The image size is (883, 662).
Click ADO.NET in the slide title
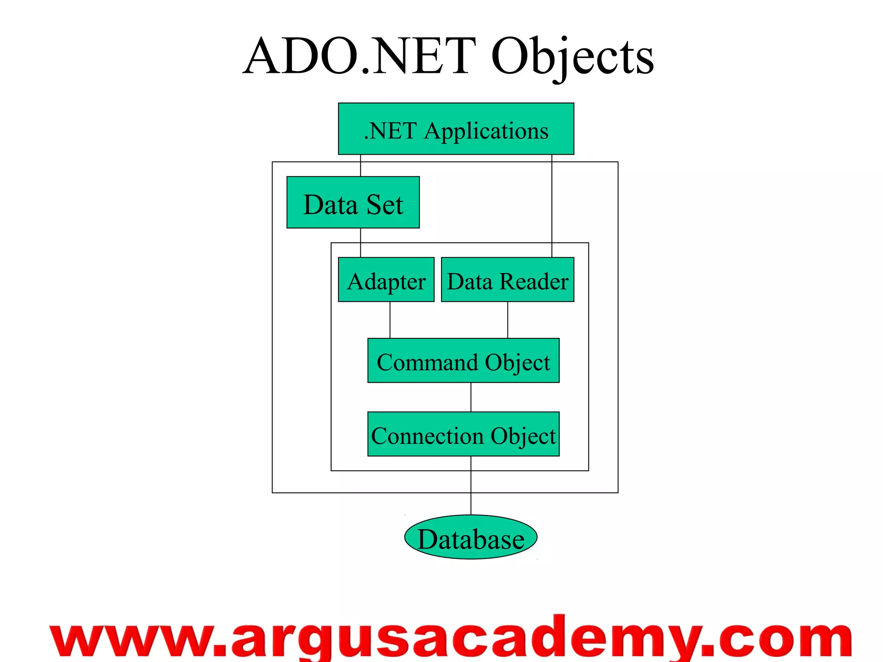click(360, 57)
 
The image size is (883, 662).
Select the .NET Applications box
click(456, 129)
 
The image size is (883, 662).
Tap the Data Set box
click(353, 202)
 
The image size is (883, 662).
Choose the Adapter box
click(386, 280)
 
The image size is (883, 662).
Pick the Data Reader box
click(507, 280)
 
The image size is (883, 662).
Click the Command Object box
click(463, 360)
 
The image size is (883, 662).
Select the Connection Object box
click(463, 434)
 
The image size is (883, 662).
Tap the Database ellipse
click(470, 537)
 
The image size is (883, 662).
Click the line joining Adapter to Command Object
click(390, 320)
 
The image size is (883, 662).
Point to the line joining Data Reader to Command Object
click(507, 320)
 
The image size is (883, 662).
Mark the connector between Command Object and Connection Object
click(471, 397)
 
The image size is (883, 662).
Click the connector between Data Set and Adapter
click(360, 243)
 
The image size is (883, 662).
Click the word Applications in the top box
click(486, 131)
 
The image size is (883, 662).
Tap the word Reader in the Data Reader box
click(534, 281)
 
